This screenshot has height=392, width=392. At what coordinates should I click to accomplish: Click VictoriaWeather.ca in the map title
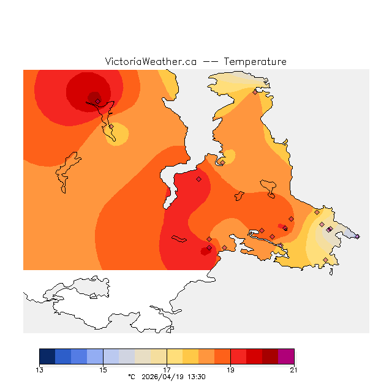[151, 62]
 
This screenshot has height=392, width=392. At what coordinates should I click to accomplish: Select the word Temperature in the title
[255, 62]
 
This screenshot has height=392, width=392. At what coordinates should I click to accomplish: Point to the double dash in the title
[210, 62]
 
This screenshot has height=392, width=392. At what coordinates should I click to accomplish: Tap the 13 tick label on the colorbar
[40, 369]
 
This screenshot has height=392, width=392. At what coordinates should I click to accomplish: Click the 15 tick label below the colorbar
[104, 369]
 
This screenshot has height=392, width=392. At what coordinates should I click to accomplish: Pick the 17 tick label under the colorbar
[167, 369]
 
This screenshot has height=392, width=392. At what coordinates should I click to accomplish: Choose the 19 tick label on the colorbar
[231, 369]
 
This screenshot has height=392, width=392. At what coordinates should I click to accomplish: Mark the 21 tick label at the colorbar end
[294, 369]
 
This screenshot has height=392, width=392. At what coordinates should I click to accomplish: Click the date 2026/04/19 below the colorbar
[163, 377]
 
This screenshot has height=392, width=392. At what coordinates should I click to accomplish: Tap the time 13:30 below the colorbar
[196, 377]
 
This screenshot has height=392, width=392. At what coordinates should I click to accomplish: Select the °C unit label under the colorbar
[131, 377]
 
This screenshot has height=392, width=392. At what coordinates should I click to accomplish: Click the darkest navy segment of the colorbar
[47, 356]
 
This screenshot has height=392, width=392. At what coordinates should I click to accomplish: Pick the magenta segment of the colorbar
[286, 356]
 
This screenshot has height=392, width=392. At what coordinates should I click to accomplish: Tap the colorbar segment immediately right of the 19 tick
[238, 356]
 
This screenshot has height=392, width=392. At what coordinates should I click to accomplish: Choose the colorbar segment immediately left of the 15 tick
[95, 356]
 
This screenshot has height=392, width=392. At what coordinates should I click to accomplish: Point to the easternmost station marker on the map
[357, 236]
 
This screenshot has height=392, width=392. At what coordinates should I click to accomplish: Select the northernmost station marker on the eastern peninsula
[255, 92]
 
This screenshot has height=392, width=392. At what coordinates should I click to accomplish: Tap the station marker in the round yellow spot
[111, 127]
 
